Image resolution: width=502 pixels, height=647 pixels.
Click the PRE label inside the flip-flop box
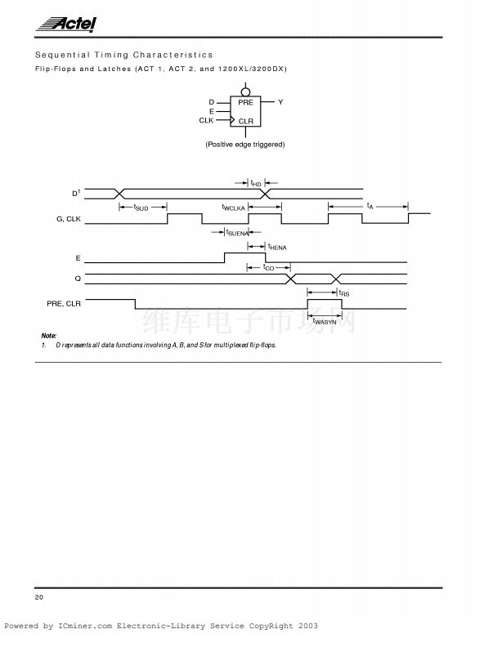point(245,103)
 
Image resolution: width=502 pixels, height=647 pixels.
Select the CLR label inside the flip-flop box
point(246,121)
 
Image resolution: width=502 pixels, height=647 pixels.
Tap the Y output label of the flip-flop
point(280,102)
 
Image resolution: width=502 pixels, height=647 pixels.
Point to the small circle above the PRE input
point(244,87)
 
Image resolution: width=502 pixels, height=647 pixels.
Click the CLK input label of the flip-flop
point(206,120)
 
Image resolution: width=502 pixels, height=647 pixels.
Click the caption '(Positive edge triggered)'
point(244,145)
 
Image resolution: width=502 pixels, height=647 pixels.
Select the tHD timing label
point(256,183)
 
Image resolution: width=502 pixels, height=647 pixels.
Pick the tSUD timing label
point(141,207)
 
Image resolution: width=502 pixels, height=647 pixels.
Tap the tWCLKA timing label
point(234,207)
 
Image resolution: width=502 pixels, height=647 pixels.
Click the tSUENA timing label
point(237,233)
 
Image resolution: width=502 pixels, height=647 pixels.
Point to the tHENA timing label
point(277,247)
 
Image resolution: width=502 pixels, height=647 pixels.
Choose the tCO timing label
point(269,267)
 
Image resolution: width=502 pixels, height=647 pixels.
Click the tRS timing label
point(344,292)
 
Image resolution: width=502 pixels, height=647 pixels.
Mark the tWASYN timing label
point(325,322)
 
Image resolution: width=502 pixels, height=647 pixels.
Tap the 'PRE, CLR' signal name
point(64,303)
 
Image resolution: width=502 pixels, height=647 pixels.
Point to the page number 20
point(39,598)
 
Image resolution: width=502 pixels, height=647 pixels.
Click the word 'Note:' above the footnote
point(49,336)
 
